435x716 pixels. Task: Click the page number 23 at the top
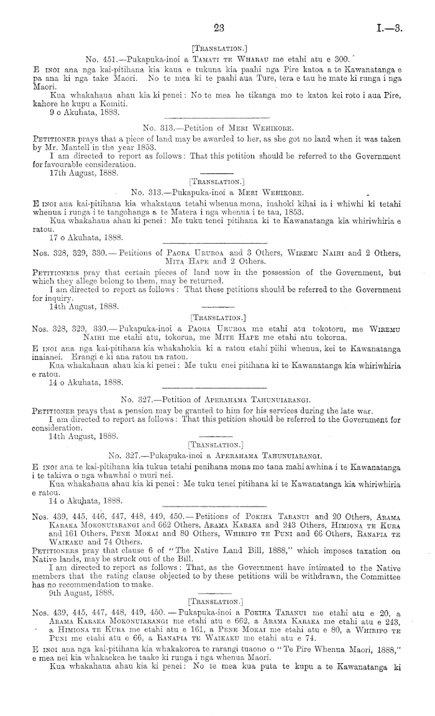(x=217, y=27)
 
